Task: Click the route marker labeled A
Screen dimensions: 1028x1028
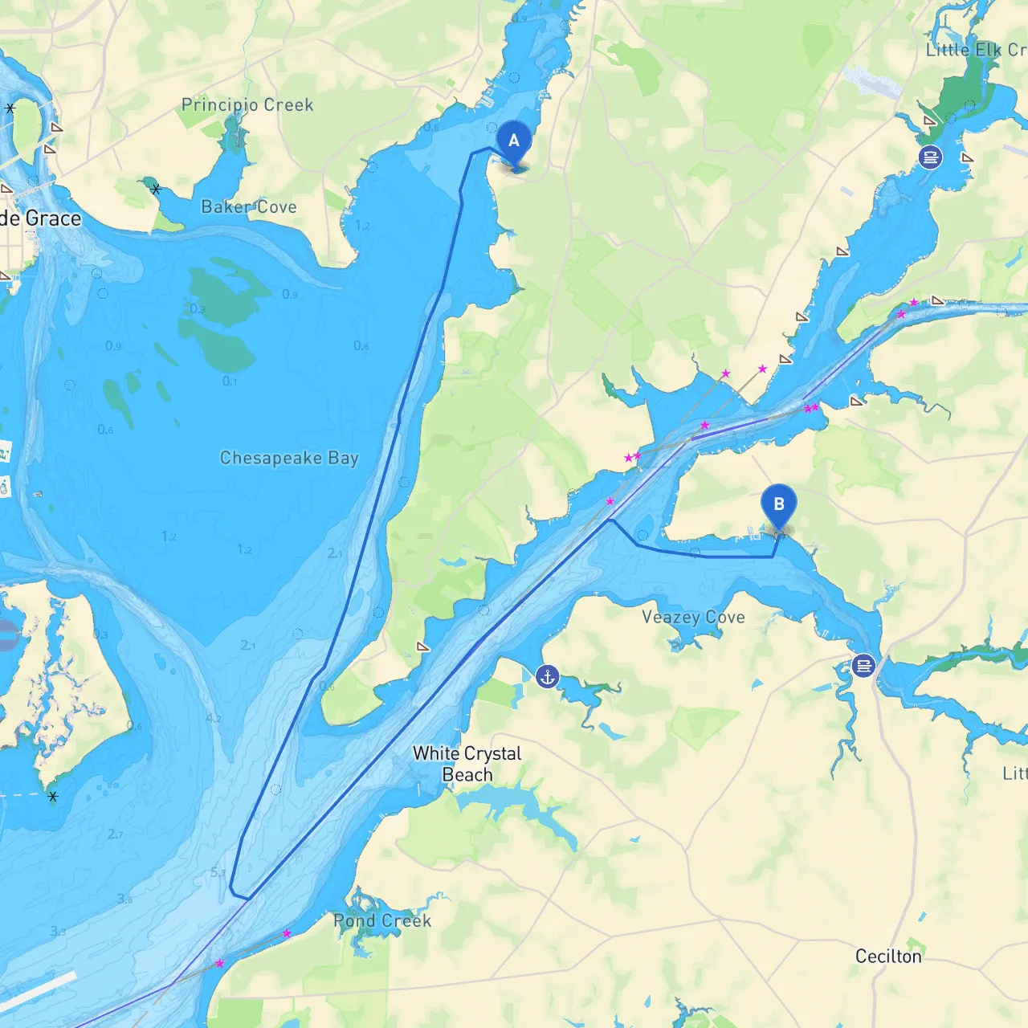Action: click(514, 142)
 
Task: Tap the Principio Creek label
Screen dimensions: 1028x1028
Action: click(247, 105)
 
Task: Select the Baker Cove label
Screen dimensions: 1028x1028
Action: click(249, 207)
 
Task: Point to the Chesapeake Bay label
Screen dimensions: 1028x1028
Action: click(289, 458)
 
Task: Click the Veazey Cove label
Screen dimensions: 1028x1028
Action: click(693, 618)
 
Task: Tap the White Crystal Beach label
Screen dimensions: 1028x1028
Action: click(467, 764)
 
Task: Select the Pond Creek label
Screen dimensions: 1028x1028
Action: click(382, 921)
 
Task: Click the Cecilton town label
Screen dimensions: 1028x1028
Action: click(888, 957)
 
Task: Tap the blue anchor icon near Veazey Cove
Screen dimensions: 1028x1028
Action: click(548, 677)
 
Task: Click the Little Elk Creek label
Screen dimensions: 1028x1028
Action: click(976, 50)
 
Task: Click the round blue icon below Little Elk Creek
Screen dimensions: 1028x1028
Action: click(930, 157)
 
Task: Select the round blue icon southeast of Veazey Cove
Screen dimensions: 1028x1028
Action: click(863, 666)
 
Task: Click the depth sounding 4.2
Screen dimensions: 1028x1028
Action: click(214, 718)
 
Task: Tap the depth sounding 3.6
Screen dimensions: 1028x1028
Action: click(124, 899)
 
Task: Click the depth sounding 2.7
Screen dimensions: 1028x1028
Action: click(116, 834)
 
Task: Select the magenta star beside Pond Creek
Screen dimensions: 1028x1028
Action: click(287, 933)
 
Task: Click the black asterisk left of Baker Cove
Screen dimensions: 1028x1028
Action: click(156, 190)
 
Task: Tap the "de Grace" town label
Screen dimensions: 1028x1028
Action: click(40, 218)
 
